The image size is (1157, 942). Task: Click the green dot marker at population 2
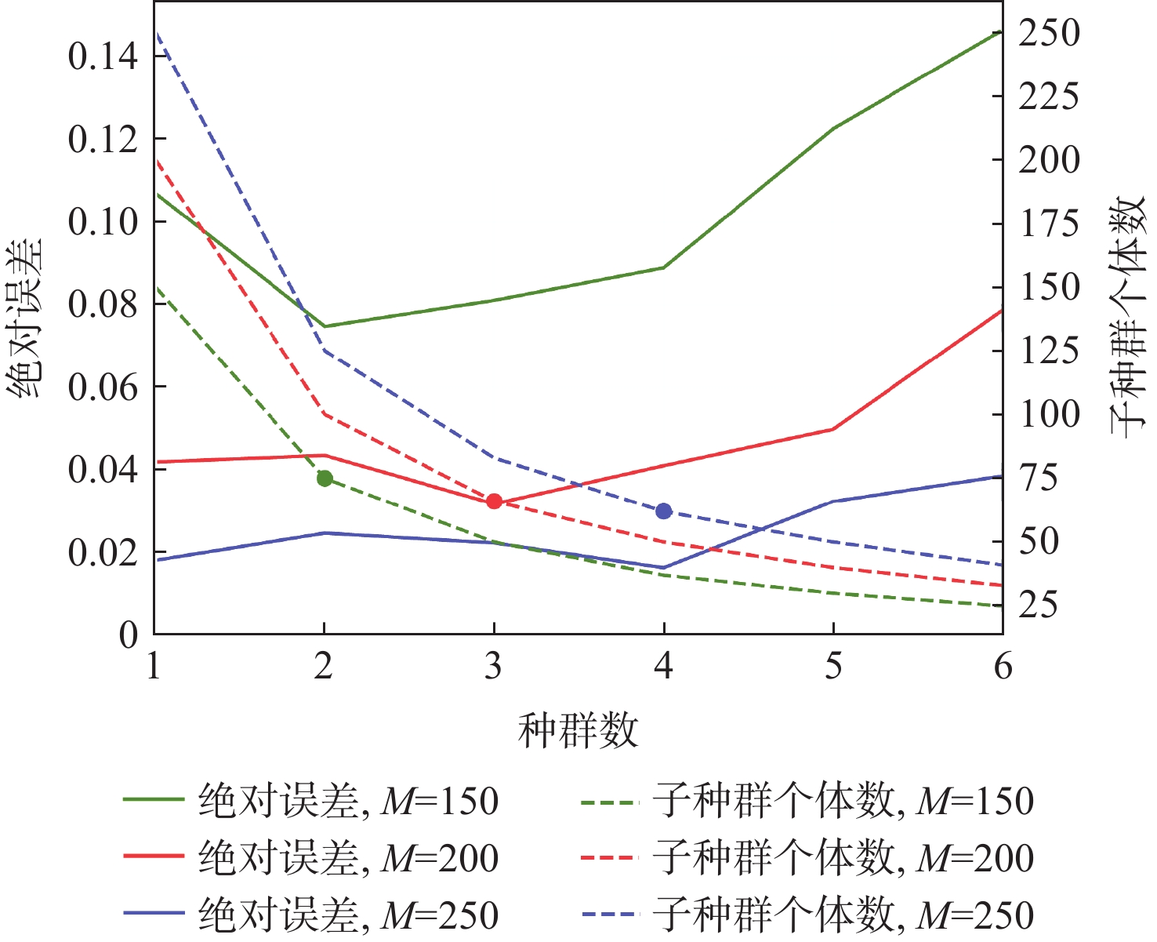click(325, 478)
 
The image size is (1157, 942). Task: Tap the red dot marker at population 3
click(494, 501)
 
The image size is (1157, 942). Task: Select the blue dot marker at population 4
click(664, 511)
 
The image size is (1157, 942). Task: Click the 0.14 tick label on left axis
click(103, 56)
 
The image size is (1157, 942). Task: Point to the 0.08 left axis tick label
click(103, 304)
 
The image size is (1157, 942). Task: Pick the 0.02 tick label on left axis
click(103, 552)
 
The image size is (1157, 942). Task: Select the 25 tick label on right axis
click(1038, 605)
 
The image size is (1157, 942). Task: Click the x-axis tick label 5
click(833, 667)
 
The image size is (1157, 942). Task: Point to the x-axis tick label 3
click(493, 667)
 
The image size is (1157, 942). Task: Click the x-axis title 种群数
click(578, 731)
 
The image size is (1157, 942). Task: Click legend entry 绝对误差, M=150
click(348, 801)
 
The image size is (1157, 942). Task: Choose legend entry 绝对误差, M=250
click(348, 915)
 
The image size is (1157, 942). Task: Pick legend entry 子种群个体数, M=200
click(843, 857)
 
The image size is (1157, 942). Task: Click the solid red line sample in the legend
click(154, 857)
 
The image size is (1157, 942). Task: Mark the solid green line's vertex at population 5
click(833, 128)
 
